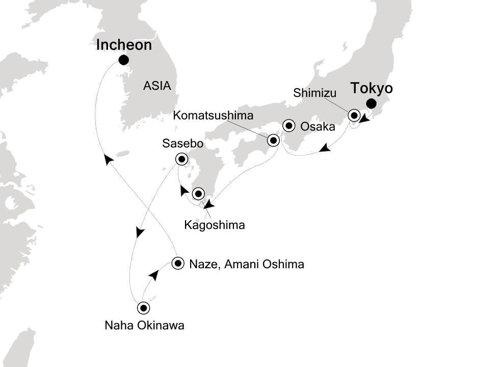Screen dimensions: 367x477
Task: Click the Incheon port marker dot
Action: (123, 60)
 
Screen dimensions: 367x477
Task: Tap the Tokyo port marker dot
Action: (371, 104)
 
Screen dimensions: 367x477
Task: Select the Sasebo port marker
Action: (181, 160)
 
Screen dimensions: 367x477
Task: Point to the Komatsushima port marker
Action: (273, 140)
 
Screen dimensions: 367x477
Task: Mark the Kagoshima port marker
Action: (198, 194)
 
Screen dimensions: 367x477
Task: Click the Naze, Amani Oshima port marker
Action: (178, 264)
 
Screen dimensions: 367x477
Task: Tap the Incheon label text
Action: (124, 45)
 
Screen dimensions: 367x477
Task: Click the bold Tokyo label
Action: (372, 89)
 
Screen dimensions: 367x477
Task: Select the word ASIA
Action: (156, 86)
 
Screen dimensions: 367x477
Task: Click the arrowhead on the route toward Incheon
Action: (108, 160)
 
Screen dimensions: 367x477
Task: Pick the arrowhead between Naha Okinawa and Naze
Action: (153, 275)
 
